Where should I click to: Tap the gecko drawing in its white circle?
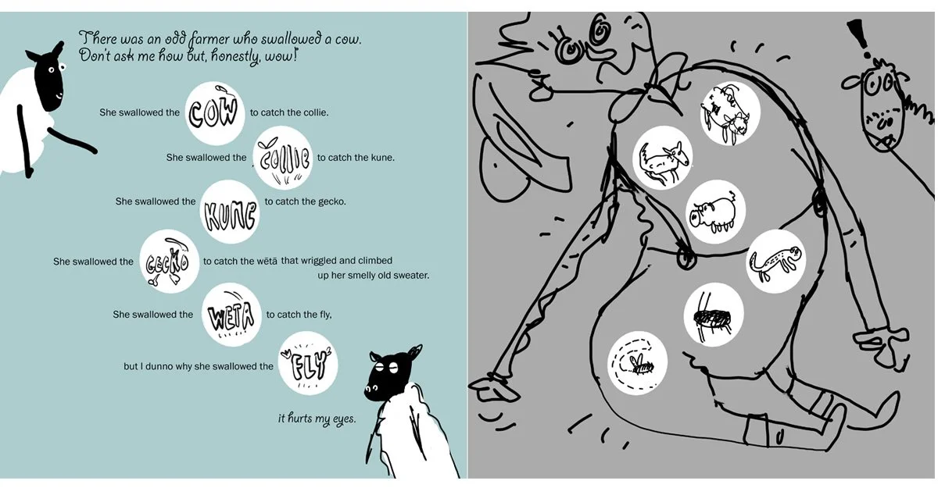point(775,260)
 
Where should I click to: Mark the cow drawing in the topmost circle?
point(729,115)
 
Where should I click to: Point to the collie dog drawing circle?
point(663,159)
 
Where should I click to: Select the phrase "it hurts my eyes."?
point(317,419)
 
